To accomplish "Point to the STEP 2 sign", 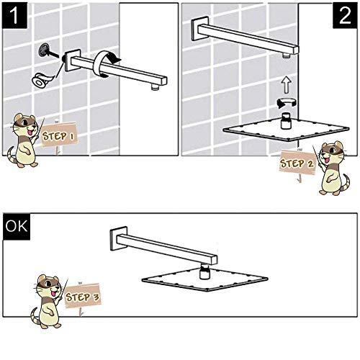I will pos(296,163).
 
